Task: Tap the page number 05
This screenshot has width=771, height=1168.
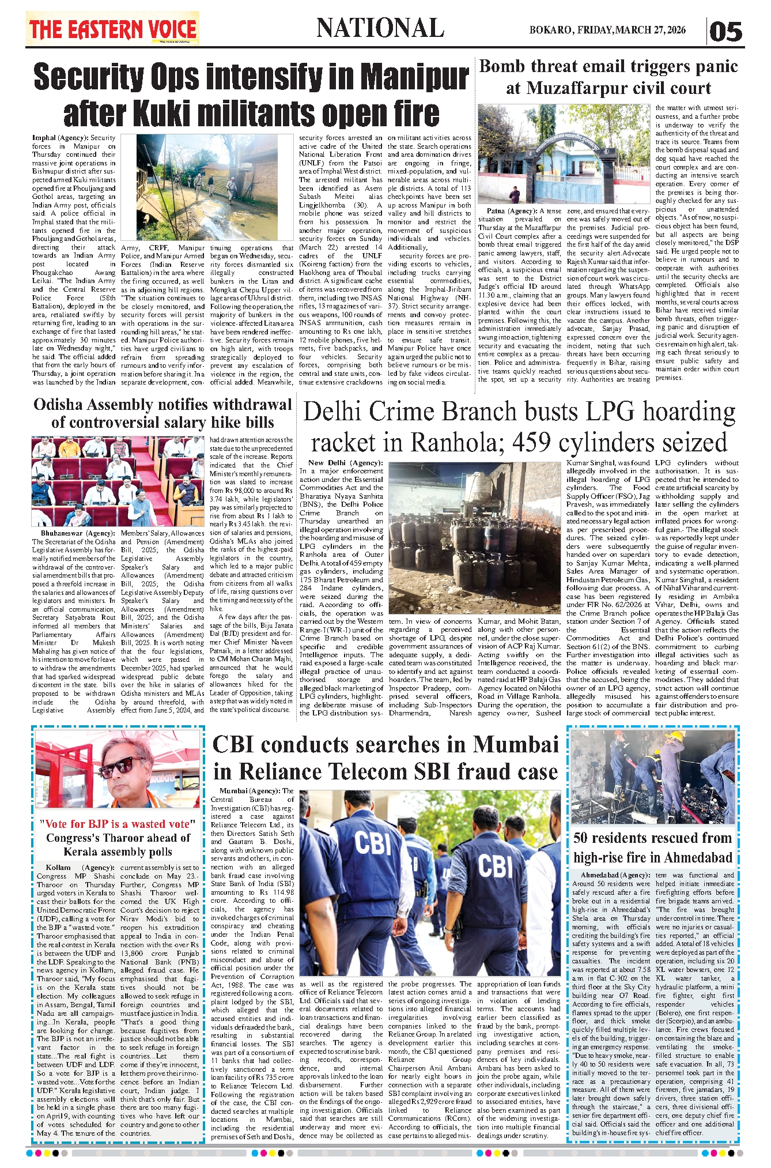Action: click(x=725, y=31)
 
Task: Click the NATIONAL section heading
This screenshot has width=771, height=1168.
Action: click(x=380, y=28)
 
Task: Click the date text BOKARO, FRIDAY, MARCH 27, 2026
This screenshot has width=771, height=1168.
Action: click(x=607, y=30)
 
